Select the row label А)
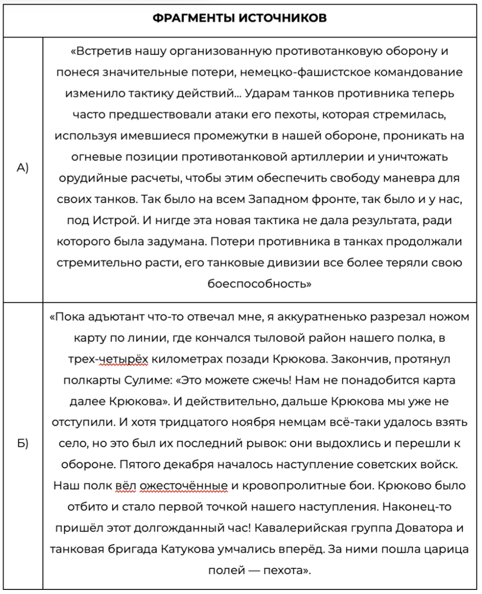point(22,168)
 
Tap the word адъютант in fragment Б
point(119,317)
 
